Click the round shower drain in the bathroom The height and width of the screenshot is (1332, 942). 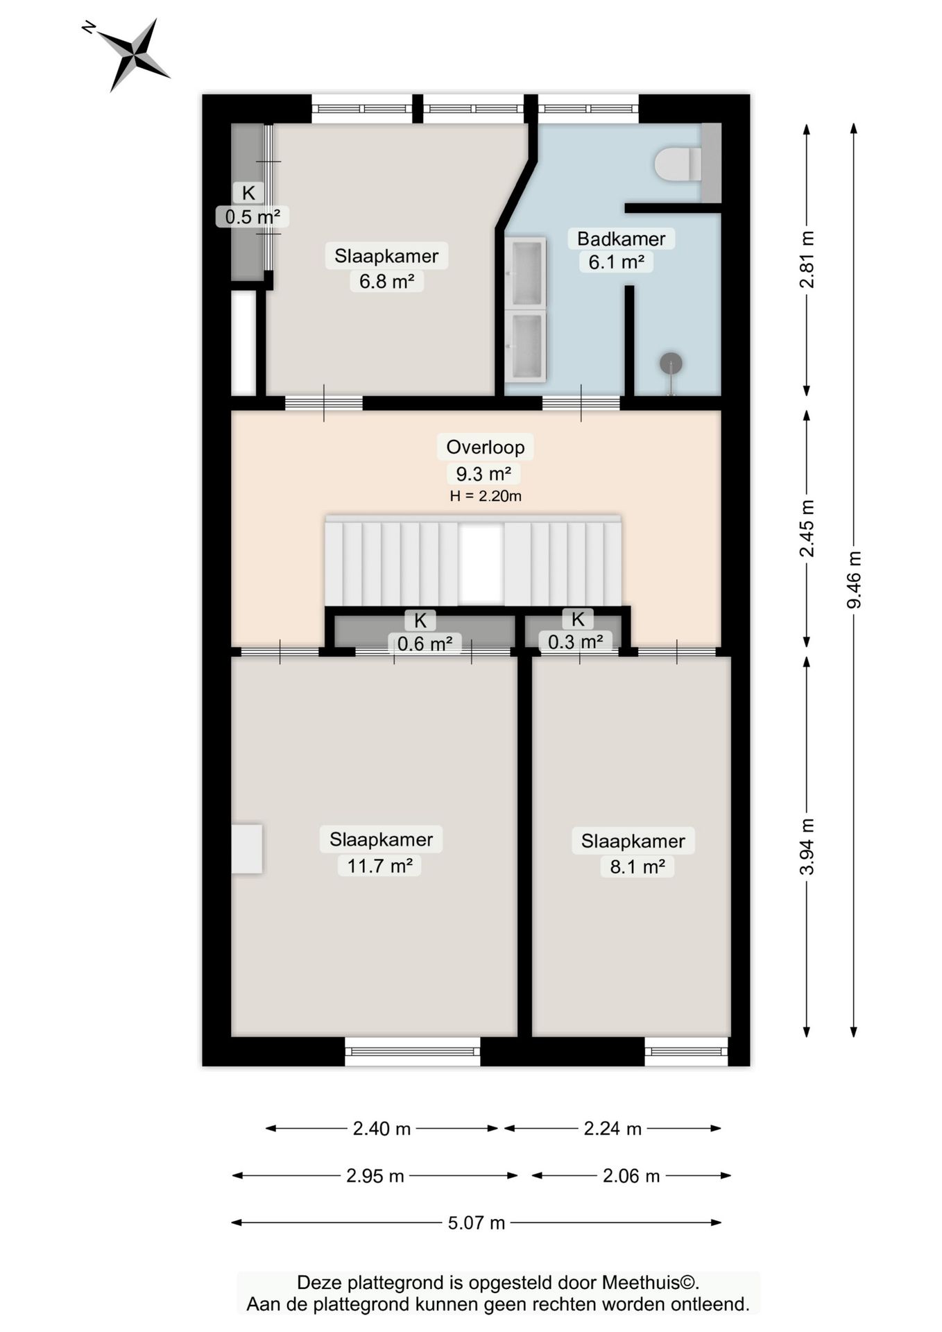point(671,363)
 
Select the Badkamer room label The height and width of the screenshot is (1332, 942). point(621,239)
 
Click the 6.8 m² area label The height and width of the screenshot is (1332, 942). point(386,282)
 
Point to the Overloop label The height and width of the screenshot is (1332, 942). point(485,447)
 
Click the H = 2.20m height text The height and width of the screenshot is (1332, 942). point(485,496)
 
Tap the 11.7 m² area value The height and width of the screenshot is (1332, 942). point(379,866)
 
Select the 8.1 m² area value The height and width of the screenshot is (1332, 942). point(637,866)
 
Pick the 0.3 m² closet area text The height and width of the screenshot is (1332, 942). point(575,642)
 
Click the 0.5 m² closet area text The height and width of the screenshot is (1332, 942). point(252,217)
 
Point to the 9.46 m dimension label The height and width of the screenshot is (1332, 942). point(854,580)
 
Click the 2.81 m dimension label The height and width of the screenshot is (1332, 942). point(807,259)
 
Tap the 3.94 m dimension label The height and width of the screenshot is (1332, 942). point(807,846)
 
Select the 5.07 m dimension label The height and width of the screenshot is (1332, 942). point(476,1222)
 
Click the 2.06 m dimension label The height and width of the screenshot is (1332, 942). point(631,1176)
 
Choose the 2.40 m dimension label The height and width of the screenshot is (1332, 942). point(382,1129)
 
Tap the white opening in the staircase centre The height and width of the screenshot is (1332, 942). point(480,563)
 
